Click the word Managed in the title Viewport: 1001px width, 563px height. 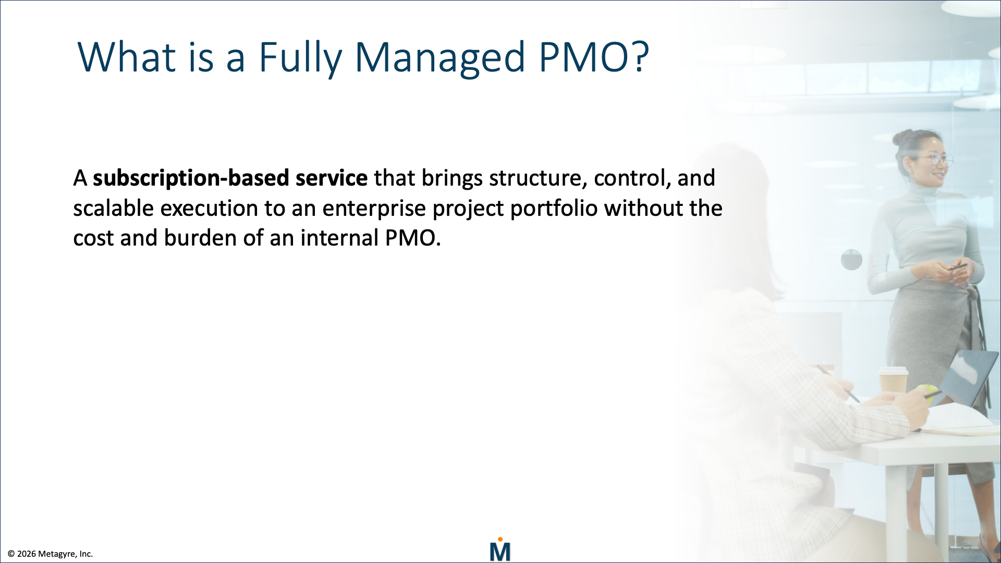(x=440, y=57)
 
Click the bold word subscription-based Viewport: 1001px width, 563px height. (x=191, y=178)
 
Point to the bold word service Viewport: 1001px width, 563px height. (x=332, y=178)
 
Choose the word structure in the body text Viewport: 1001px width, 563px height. (x=535, y=178)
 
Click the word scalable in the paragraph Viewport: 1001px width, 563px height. (x=113, y=209)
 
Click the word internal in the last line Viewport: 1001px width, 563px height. (x=339, y=238)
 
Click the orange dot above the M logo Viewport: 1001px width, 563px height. (x=500, y=540)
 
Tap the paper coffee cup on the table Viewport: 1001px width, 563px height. (x=893, y=381)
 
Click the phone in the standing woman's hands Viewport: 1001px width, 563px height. (x=957, y=267)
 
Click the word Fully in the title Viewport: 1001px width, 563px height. (x=300, y=57)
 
